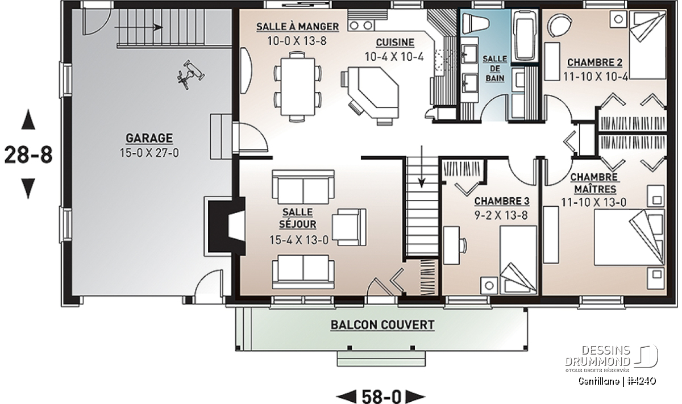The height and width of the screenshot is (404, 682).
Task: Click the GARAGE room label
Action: point(149,138)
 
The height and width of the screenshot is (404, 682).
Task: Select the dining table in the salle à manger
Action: point(297,87)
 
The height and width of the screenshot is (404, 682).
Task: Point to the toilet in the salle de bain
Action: point(476,23)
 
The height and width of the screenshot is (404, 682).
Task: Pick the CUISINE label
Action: point(395,43)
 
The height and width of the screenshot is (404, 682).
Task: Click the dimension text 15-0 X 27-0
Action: point(149,152)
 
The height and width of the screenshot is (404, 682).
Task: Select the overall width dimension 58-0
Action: point(381,397)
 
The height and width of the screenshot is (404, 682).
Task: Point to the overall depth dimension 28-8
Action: point(28,155)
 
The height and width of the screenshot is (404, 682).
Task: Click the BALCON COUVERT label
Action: point(382,325)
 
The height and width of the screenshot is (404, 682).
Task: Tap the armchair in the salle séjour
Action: point(349,227)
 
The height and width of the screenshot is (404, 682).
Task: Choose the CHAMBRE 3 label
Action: point(502,201)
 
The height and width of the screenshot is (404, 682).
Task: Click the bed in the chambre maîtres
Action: point(629,237)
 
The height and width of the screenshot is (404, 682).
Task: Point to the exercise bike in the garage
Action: point(191,74)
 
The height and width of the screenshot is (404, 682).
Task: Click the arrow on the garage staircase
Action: point(139,27)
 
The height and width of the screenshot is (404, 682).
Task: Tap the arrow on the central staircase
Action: point(422,166)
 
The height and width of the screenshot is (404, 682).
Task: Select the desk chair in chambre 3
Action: point(463,245)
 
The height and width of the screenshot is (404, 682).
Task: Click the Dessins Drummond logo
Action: point(612,359)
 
